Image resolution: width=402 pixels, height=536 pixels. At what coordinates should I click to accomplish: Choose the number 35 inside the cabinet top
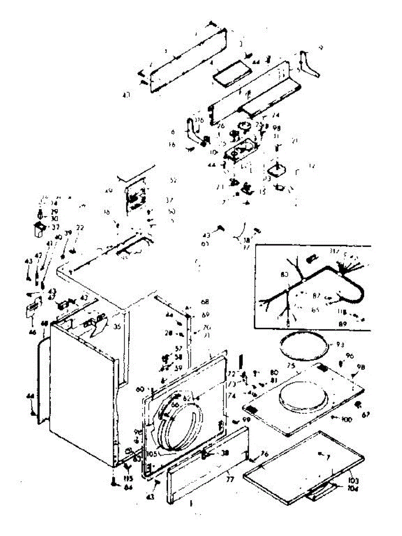point(117,327)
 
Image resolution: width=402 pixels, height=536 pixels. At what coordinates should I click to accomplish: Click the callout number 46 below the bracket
point(32,320)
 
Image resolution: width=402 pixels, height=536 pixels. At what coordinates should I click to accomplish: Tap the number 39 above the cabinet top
point(68,233)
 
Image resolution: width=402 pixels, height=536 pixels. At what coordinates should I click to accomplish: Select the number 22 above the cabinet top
point(80,228)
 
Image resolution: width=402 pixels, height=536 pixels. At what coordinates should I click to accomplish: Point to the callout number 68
point(205,301)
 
